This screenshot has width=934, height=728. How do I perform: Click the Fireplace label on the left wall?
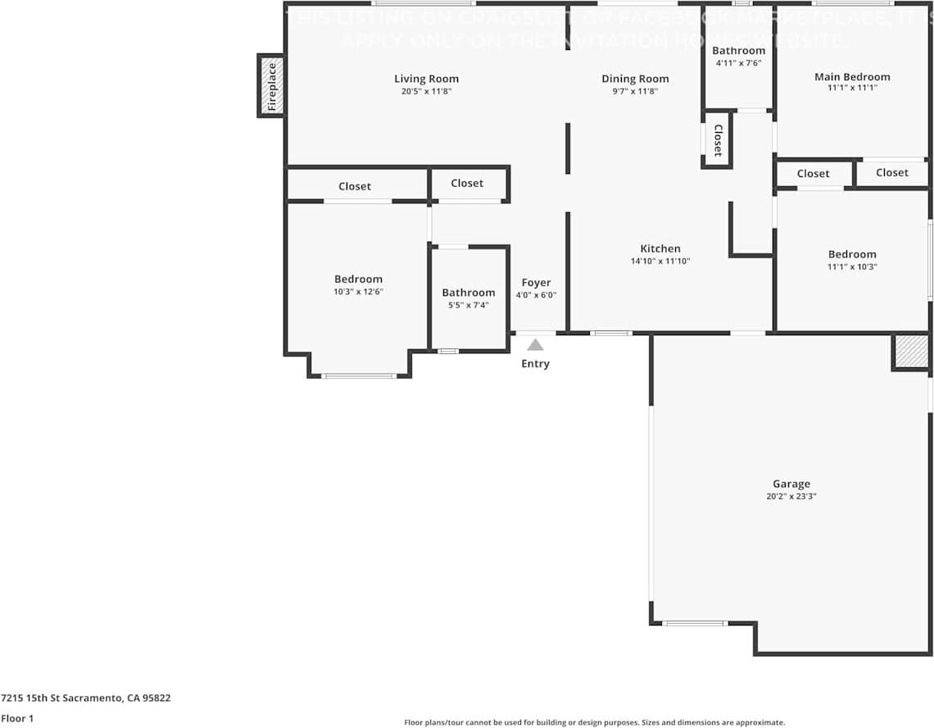tap(272, 86)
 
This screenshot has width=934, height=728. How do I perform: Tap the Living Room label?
tap(426, 79)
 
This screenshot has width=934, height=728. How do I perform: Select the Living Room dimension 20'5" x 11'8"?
tap(426, 91)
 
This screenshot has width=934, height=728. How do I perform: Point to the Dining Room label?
tap(635, 79)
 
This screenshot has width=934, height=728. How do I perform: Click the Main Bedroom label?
tap(852, 77)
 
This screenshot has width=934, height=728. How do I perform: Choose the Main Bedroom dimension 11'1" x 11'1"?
tap(852, 88)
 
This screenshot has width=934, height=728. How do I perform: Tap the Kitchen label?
tap(660, 248)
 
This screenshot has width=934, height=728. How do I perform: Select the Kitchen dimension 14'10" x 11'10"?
tap(660, 261)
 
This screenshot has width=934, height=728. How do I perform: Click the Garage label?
tap(791, 484)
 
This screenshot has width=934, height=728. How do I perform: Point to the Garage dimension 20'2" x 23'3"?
tap(791, 496)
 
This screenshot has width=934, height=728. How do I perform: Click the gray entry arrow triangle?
tap(535, 345)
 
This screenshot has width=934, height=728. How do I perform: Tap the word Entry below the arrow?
tap(535, 363)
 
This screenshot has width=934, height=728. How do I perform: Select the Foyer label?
tap(537, 283)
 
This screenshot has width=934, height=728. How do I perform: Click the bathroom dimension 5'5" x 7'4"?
tap(469, 305)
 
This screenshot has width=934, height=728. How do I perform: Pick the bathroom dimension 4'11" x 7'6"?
tap(738, 62)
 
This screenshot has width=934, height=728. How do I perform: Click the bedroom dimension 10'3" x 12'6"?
tap(358, 291)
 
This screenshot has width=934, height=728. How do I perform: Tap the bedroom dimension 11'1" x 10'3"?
tap(852, 266)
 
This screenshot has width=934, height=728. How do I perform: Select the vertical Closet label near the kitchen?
tap(717, 140)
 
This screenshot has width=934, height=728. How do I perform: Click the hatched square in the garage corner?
tap(909, 352)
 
